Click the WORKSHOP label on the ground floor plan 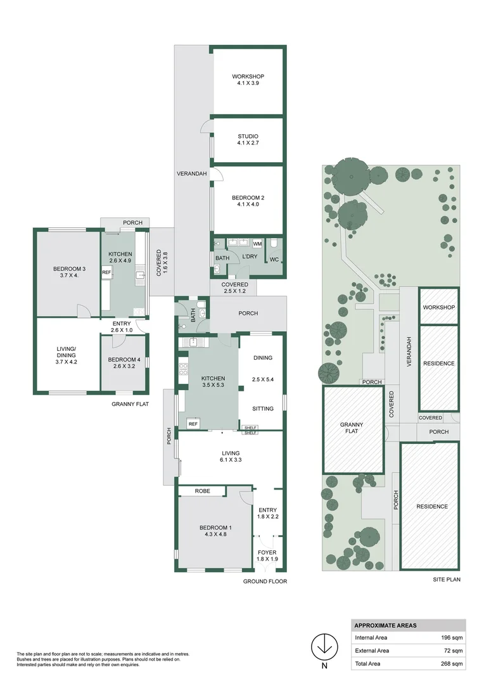coord(248,77)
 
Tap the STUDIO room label coord(248,137)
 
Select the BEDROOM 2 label coord(248,198)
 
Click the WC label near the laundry coord(274,260)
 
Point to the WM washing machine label coord(257,244)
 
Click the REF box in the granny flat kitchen coord(106,272)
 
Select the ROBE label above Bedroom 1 coord(202,491)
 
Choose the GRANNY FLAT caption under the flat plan coord(130,403)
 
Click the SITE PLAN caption coord(445,579)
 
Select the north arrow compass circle coord(326,646)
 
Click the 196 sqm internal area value coord(452,638)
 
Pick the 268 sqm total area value coord(452,664)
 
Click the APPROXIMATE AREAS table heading coord(385,625)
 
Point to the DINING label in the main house coord(262,358)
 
